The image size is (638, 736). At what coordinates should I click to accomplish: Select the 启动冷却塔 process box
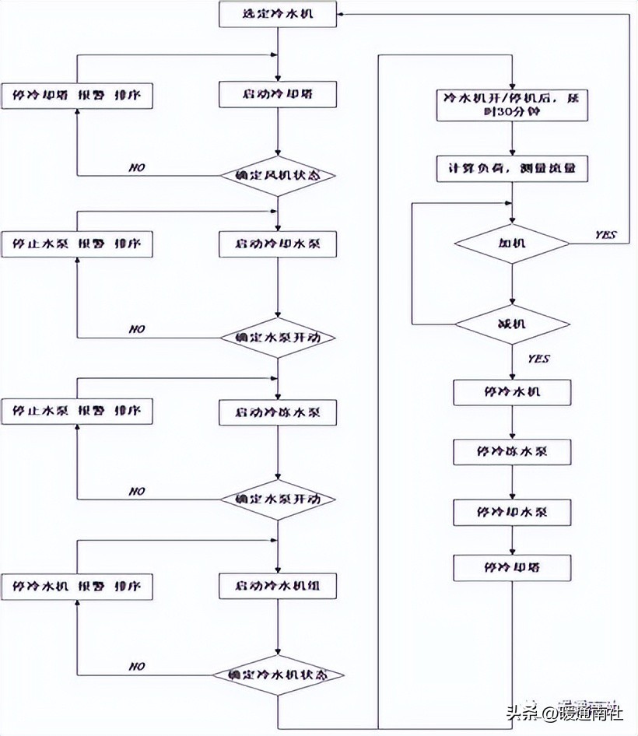click(278, 95)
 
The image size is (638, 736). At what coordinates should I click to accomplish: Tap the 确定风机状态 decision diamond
click(278, 175)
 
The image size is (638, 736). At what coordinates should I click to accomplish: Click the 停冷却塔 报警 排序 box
click(75, 95)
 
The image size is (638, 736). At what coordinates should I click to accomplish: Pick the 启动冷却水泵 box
click(278, 244)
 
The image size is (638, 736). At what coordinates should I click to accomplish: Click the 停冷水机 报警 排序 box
click(75, 586)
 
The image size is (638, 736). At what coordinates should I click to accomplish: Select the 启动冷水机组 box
click(278, 586)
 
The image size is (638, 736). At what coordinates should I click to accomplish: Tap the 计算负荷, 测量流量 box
click(511, 168)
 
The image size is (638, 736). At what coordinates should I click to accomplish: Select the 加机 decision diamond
click(511, 244)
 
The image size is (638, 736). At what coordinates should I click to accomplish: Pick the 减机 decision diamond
click(511, 323)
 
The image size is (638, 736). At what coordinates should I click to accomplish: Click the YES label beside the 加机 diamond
click(605, 235)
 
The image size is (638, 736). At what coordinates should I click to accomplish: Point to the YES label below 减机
click(538, 359)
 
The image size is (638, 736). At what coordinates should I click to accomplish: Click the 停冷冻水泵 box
click(511, 452)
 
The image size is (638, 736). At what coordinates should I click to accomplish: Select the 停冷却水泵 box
click(511, 512)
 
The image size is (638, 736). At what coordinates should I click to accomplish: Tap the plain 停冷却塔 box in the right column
click(511, 567)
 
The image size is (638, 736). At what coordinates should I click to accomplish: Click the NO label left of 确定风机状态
click(137, 168)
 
